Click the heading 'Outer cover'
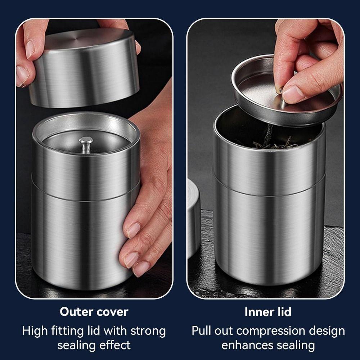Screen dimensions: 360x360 (94, 311)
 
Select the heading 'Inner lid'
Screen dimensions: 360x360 (268, 312)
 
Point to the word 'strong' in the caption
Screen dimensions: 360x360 (148, 330)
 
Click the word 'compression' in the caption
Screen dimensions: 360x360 (272, 330)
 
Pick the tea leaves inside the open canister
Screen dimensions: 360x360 (274, 142)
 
